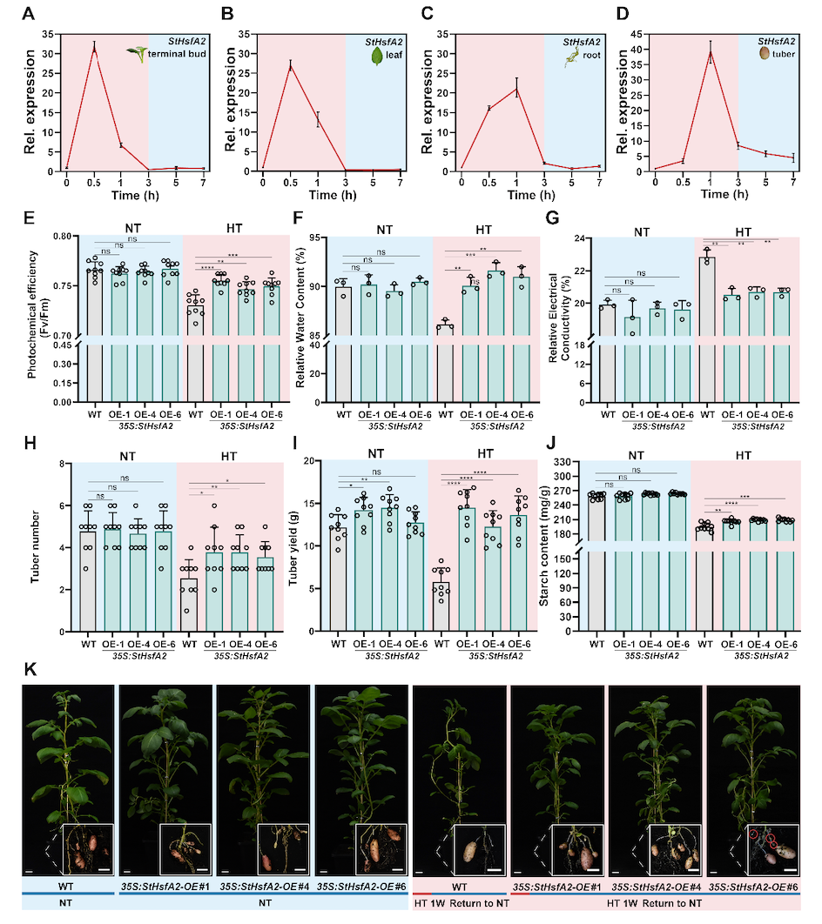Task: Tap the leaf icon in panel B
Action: [x=375, y=55]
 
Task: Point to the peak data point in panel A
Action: [x=94, y=48]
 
